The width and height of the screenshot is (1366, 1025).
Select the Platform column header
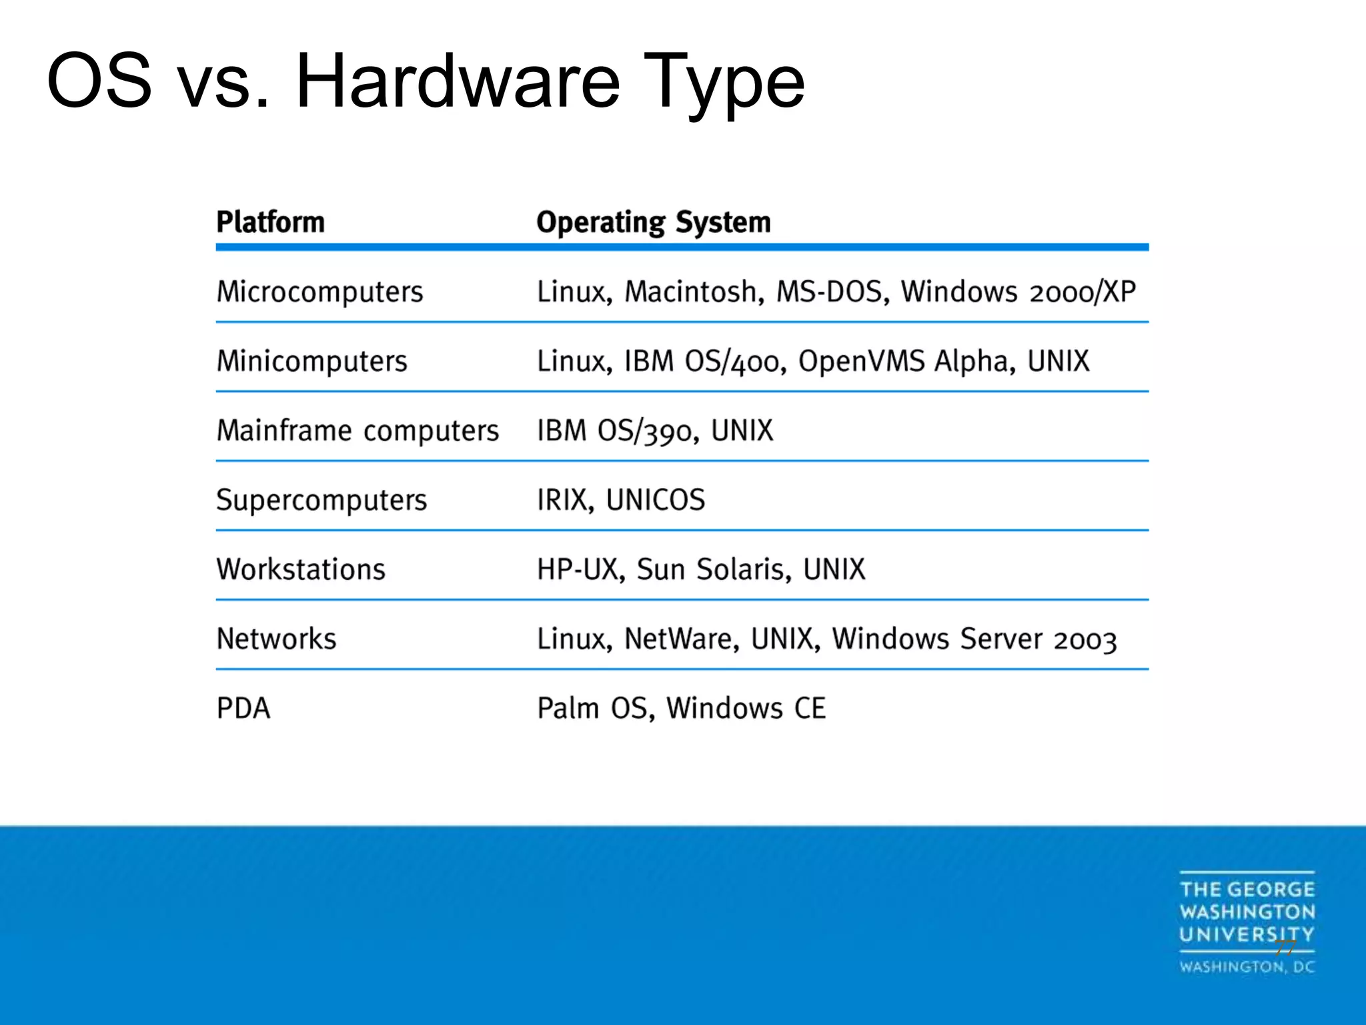[270, 222]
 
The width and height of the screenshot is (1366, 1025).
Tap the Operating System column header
[653, 222]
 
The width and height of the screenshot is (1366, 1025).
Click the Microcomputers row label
[319, 292]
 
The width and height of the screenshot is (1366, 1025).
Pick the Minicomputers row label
[311, 362]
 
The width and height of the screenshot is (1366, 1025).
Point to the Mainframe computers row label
[358, 431]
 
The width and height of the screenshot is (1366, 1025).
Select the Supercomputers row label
[321, 500]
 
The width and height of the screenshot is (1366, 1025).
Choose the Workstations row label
[301, 570]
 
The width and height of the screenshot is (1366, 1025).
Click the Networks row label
[276, 639]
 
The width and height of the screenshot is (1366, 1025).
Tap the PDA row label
[243, 709]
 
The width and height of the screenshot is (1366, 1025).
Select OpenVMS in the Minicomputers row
[861, 362]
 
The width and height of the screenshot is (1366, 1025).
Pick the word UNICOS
[655, 500]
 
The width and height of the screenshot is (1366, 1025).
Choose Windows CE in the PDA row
[746, 709]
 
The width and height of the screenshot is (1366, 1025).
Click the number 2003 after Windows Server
[1085, 641]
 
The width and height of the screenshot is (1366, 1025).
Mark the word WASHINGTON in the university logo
[1247, 912]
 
